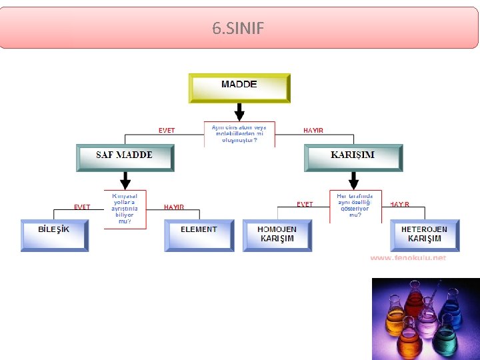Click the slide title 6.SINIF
[238, 29]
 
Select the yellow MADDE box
[239, 87]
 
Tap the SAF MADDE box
[125, 158]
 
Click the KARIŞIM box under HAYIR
[353, 158]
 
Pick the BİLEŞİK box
[54, 235]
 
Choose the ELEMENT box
[199, 235]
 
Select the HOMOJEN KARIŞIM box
[277, 235]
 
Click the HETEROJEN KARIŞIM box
[425, 235]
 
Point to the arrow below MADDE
[239, 111]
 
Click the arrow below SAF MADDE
[125, 180]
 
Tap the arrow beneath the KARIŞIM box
[353, 180]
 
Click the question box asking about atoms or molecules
[239, 134]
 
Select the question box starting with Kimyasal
[125, 208]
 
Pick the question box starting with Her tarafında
[355, 206]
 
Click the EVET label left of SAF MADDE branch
[167, 131]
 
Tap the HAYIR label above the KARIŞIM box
[313, 131]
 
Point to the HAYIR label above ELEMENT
[174, 207]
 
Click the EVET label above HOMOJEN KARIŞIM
[305, 205]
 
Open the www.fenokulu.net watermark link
[408, 258]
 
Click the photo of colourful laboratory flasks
[425, 318]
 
